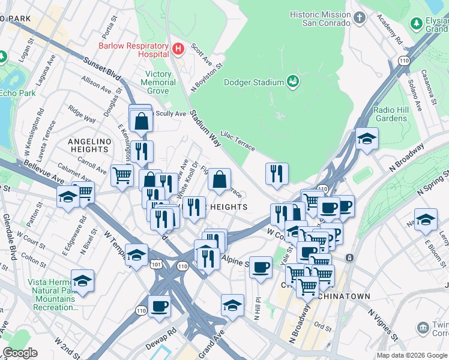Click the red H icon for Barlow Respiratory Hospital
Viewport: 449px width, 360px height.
tap(177, 48)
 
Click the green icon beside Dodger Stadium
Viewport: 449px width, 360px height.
tap(293, 81)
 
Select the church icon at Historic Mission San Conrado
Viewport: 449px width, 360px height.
tap(360, 18)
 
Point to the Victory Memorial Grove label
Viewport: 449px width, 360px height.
tap(157, 82)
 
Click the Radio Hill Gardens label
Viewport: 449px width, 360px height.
tap(391, 114)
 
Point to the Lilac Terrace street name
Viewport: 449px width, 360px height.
tap(238, 140)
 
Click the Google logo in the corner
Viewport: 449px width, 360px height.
tap(20, 353)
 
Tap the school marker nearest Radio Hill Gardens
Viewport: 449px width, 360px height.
tap(367, 139)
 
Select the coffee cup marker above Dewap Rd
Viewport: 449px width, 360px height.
tap(159, 306)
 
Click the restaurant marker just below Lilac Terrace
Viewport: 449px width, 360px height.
tap(277, 174)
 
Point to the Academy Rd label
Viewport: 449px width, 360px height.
tap(390, 30)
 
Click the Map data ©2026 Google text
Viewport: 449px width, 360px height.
tap(411, 355)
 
